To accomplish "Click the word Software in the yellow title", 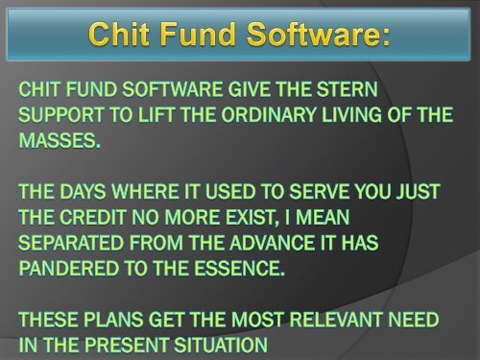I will pos(314,36).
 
